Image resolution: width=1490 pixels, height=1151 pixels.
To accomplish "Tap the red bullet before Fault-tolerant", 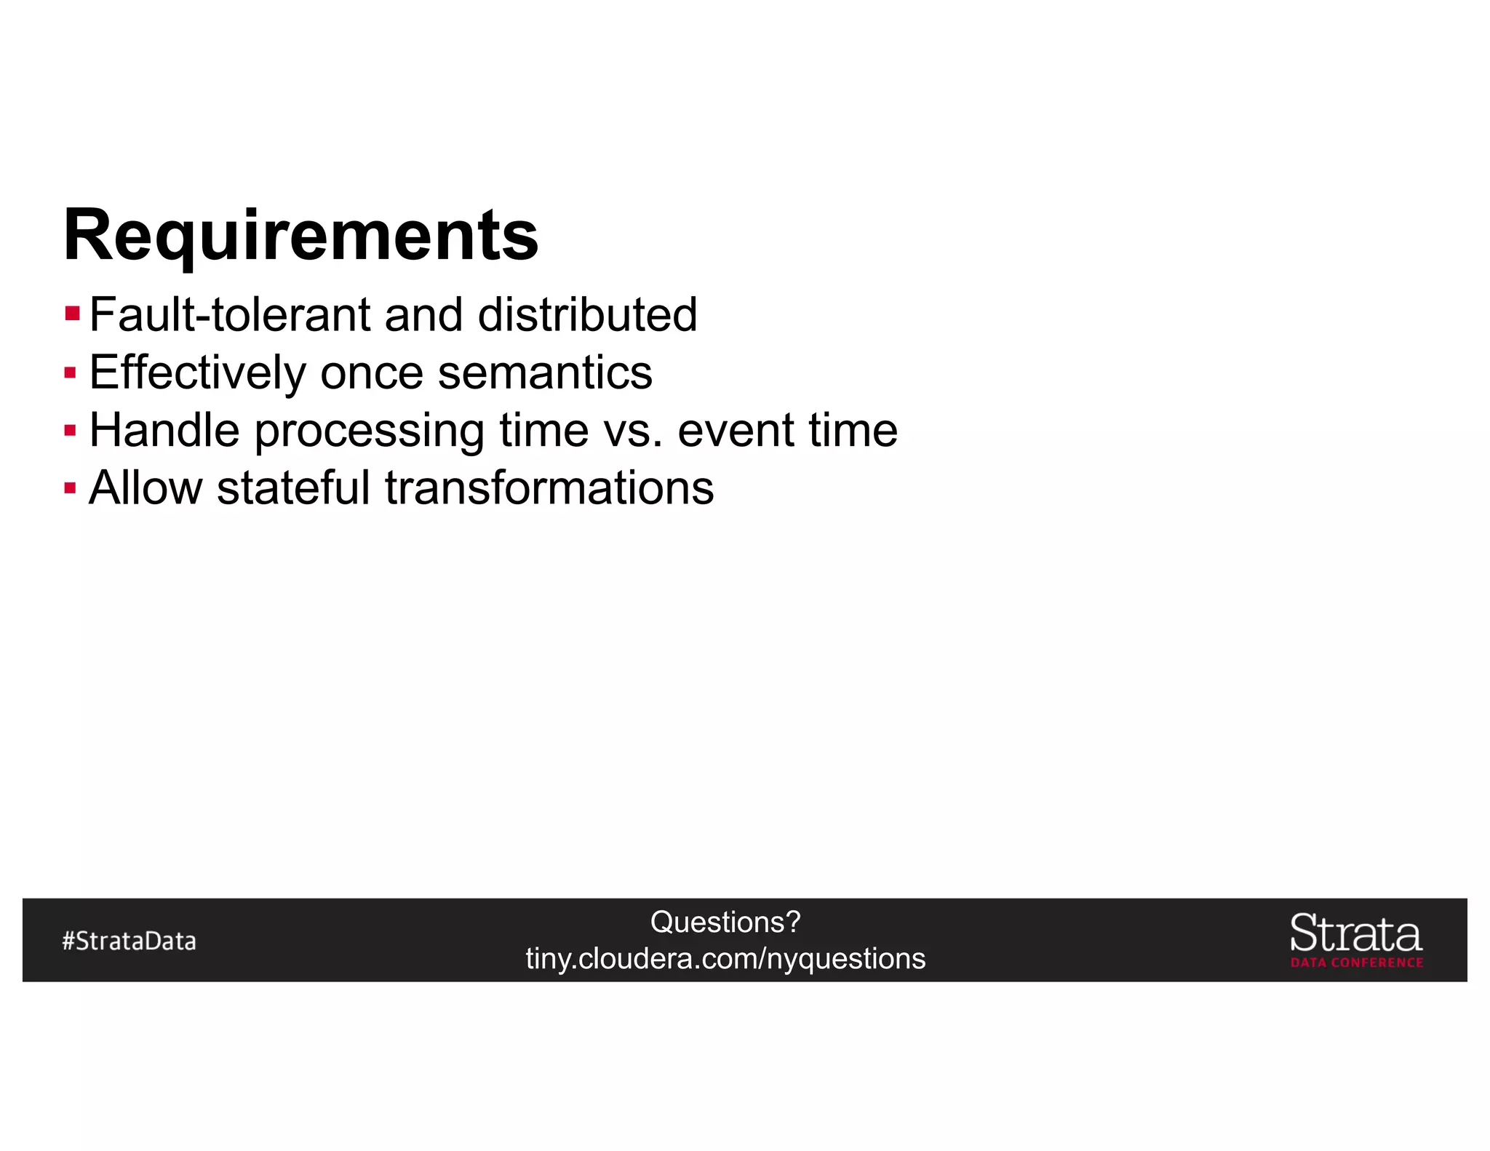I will (x=72, y=314).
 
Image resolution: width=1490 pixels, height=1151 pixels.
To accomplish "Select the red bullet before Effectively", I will (x=70, y=373).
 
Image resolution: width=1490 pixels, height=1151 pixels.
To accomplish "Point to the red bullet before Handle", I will (x=70, y=431).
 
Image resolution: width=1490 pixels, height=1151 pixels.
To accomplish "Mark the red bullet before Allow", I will (x=70, y=487).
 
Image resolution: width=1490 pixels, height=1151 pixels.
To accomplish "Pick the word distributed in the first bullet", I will (x=587, y=314).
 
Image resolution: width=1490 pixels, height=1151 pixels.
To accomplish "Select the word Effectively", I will (x=197, y=373).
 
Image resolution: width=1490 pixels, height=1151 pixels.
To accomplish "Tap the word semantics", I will (x=545, y=373).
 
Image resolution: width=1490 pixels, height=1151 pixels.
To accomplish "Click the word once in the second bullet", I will (x=372, y=373).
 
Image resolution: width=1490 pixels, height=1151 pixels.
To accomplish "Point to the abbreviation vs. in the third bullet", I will (x=633, y=431).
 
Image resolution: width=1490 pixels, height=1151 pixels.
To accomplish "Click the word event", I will (x=736, y=431).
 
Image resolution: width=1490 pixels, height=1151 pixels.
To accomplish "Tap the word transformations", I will (x=549, y=487).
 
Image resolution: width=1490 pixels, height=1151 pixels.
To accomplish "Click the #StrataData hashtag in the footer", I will (x=130, y=941).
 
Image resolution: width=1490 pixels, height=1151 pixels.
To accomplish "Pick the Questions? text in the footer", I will (x=725, y=922).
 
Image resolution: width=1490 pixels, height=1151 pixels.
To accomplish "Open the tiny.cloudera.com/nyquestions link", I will (x=725, y=958).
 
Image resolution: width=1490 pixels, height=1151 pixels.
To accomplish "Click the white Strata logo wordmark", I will (x=1355, y=933).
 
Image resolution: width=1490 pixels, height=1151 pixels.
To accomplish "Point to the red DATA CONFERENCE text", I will (x=1357, y=963).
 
